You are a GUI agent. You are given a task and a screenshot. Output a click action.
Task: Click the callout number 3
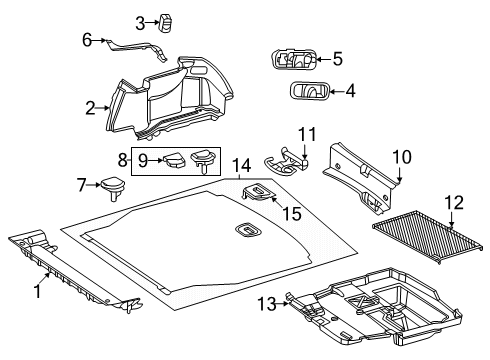pos(140,23)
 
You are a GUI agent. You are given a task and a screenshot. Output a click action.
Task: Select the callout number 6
pos(87,40)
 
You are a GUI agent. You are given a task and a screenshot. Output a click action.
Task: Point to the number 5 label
pos(338,59)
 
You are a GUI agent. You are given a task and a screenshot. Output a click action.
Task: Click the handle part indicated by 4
pos(309,91)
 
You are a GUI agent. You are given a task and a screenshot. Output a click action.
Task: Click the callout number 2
pos(90,108)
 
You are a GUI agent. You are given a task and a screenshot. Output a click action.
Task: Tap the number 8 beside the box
pos(123,160)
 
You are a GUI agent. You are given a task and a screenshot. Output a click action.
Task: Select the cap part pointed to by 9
pos(174,160)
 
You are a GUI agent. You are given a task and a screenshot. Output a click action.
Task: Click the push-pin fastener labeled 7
pos(112,188)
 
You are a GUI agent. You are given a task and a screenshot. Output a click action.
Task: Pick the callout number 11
pos(307,134)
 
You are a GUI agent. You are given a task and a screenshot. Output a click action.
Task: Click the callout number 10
pos(402,157)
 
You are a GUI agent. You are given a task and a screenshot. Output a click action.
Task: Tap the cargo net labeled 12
pos(428,236)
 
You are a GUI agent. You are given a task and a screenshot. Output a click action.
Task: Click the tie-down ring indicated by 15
pos(258,192)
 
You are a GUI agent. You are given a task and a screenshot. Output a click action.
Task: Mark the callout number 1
pos(38,291)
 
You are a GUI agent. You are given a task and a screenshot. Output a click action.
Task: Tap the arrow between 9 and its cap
pos(155,160)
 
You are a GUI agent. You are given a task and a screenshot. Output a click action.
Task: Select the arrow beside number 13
pos(283,304)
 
